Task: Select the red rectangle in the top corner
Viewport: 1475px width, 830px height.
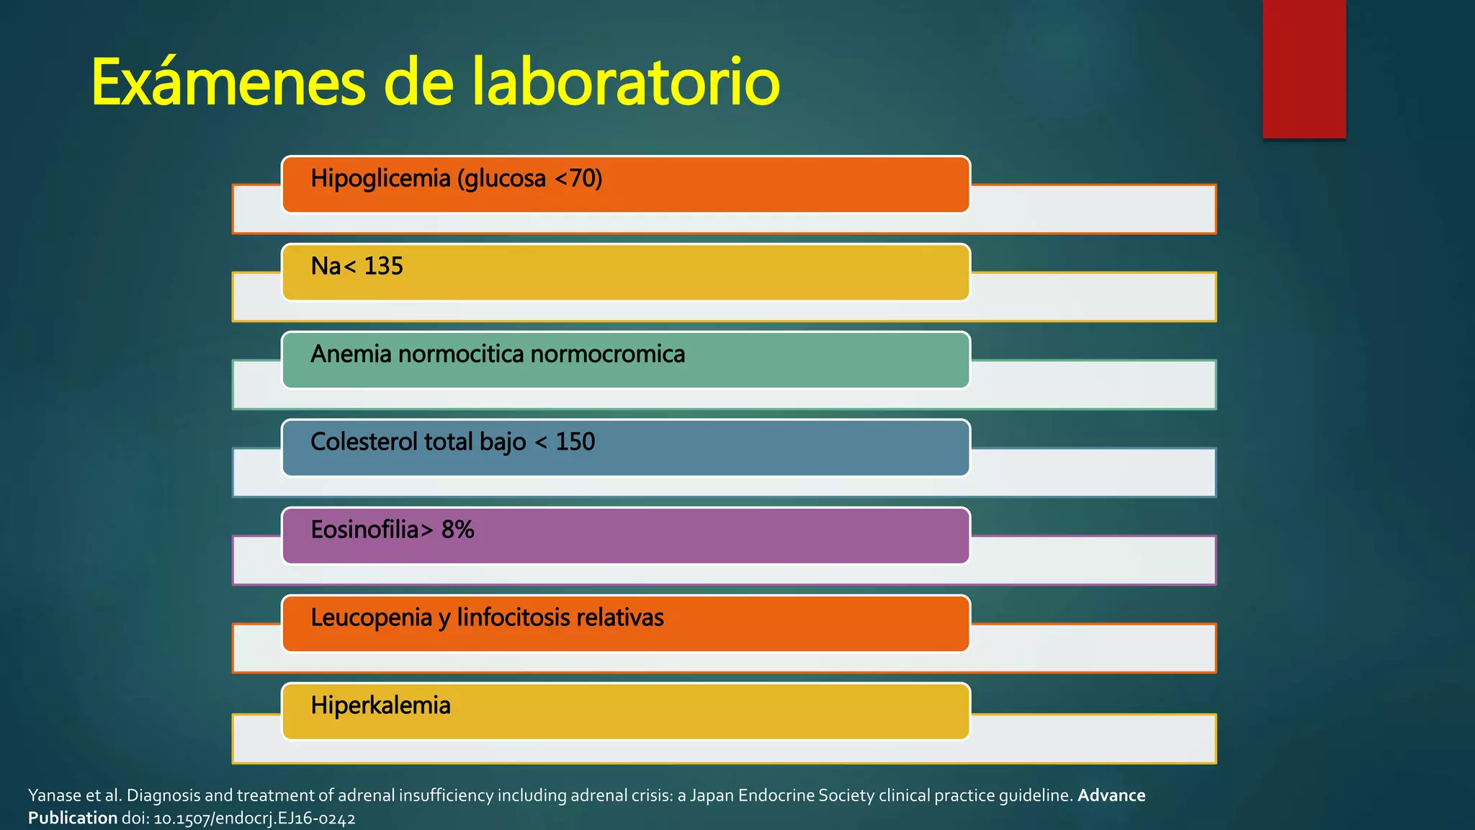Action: pyautogui.click(x=1304, y=68)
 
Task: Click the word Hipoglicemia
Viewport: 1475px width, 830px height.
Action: pyautogui.click(x=380, y=179)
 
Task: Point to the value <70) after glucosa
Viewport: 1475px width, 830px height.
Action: pyautogui.click(x=578, y=178)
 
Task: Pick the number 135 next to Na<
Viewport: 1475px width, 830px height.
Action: pyautogui.click(x=383, y=267)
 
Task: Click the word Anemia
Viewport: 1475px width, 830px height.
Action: pyautogui.click(x=351, y=354)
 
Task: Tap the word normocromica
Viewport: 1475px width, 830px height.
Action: pyautogui.click(x=607, y=354)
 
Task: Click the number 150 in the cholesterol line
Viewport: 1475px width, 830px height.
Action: pyautogui.click(x=575, y=442)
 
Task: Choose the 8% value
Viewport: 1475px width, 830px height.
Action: pyautogui.click(x=457, y=530)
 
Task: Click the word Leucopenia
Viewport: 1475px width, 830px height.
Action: pyautogui.click(x=371, y=617)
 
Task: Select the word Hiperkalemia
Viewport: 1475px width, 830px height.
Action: pyautogui.click(x=380, y=705)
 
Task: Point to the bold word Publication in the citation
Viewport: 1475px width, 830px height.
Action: pyautogui.click(x=73, y=818)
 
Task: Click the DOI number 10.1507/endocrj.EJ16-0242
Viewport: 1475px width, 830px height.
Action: pyautogui.click(x=254, y=818)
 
